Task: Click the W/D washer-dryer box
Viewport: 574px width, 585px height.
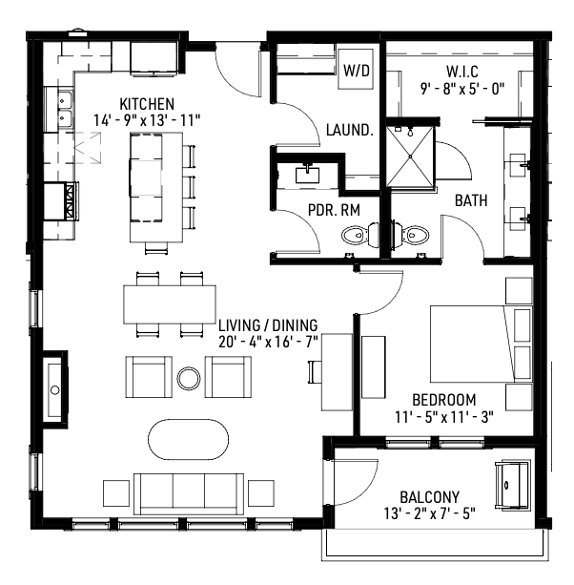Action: point(356,69)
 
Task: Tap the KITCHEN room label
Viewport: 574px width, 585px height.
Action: point(147,104)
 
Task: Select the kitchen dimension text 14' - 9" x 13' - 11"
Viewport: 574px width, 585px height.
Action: point(147,120)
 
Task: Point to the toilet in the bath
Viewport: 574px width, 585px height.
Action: point(410,235)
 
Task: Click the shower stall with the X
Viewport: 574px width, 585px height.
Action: point(410,157)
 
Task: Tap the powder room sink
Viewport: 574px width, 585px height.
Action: point(307,175)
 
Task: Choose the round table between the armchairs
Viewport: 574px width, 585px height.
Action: point(189,378)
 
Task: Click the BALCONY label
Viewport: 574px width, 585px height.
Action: point(430,497)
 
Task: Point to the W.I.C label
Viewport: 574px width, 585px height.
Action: point(462,72)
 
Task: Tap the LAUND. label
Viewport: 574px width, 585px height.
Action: point(350,130)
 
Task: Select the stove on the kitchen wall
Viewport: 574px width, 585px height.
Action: point(61,201)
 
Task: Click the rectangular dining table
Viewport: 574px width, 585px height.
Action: point(170,304)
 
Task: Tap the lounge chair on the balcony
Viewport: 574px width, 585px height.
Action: point(513,485)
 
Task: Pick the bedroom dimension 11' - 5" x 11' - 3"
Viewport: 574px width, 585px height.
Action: point(444,417)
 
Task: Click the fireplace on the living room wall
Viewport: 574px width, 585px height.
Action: point(55,387)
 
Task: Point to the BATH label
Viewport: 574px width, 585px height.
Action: point(471,200)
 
